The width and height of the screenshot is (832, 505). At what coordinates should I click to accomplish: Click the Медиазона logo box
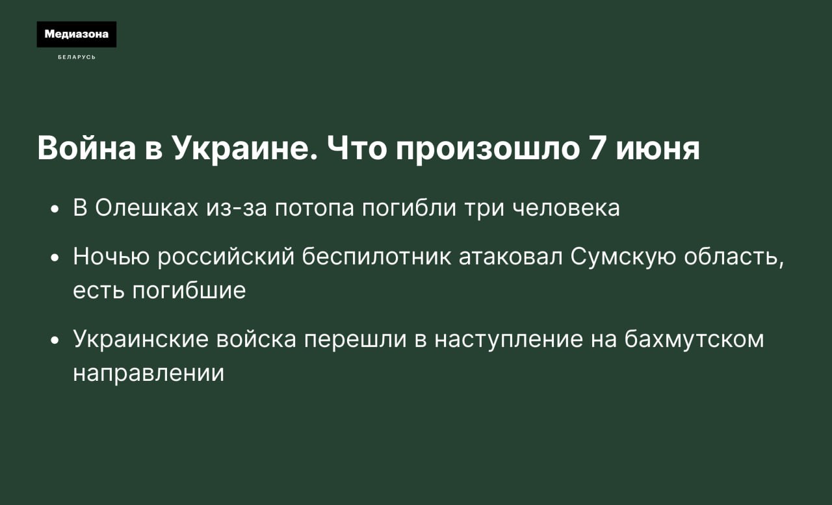pyautogui.click(x=77, y=34)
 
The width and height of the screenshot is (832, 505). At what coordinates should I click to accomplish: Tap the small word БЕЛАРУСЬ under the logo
pyautogui.click(x=77, y=57)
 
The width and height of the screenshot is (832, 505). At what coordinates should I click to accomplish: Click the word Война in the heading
pyautogui.click(x=86, y=148)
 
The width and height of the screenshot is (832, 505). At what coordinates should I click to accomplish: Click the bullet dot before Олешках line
pyautogui.click(x=55, y=209)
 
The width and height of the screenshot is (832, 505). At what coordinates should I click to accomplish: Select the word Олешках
pyautogui.click(x=147, y=207)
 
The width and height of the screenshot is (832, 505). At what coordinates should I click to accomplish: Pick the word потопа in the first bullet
pyautogui.click(x=315, y=209)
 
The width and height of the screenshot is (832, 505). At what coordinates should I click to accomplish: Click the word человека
pyautogui.click(x=566, y=209)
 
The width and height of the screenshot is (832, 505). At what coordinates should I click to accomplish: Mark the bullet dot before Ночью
pyautogui.click(x=55, y=258)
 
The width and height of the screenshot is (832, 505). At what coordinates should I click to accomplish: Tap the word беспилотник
pyautogui.click(x=376, y=256)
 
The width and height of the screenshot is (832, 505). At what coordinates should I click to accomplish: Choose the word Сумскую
pyautogui.click(x=623, y=257)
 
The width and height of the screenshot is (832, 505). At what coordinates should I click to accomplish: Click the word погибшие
pyautogui.click(x=189, y=291)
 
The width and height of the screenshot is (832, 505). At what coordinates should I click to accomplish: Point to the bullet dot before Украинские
pyautogui.click(x=55, y=341)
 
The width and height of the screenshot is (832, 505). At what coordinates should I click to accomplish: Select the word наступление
pyautogui.click(x=509, y=340)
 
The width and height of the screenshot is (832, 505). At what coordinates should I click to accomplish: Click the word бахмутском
pyautogui.click(x=694, y=339)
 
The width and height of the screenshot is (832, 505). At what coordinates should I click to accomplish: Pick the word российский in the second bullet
pyautogui.click(x=226, y=257)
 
